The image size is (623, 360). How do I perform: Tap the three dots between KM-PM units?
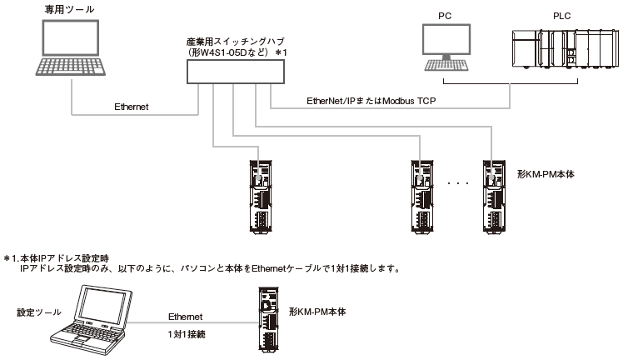[x=459, y=181]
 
